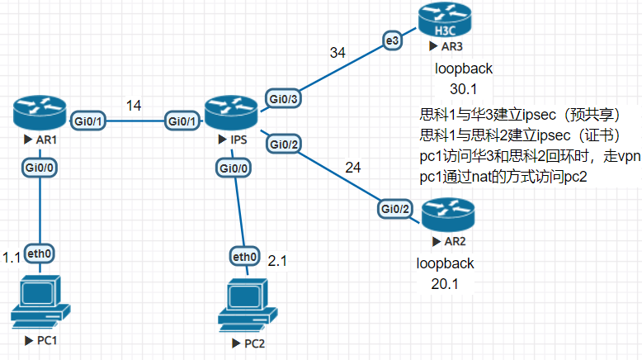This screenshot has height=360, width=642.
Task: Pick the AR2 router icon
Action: pos(449,216)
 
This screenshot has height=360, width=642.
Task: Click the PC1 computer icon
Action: pos(40,301)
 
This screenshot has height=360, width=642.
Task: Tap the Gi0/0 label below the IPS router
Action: pos(233,168)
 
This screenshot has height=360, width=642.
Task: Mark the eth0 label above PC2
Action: pos(245,257)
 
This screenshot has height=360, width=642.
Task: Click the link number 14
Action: pos(134,105)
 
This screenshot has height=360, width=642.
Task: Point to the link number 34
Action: pos(338,53)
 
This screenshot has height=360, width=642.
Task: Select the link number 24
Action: pos(353,168)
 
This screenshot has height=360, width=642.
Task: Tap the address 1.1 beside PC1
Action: pos(12,258)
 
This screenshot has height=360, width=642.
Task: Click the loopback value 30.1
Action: pos(463,88)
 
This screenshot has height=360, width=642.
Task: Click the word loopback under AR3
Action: pos(463,69)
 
